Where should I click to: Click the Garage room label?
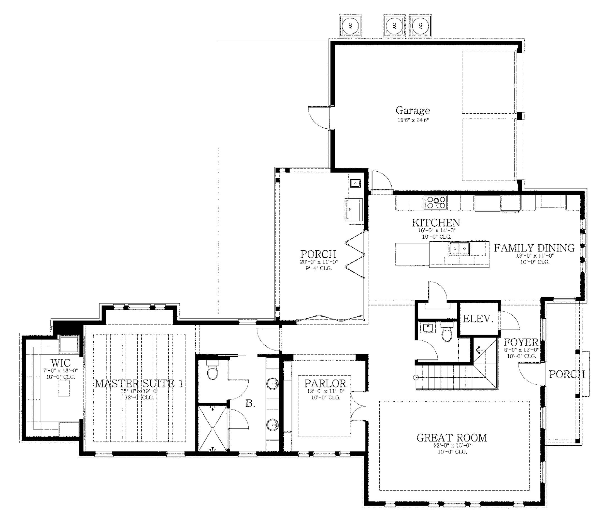[413, 111]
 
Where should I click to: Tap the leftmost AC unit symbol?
[350, 26]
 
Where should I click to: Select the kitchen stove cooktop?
[435, 202]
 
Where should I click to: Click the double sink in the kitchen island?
[459, 249]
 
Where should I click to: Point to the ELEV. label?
[478, 319]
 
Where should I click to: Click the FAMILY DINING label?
[534, 248]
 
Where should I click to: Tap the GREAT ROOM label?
[451, 438]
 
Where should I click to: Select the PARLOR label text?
[325, 383]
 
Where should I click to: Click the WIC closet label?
[60, 363]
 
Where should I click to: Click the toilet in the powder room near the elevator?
[447, 333]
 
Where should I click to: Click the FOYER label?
[521, 342]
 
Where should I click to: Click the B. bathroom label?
[250, 404]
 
